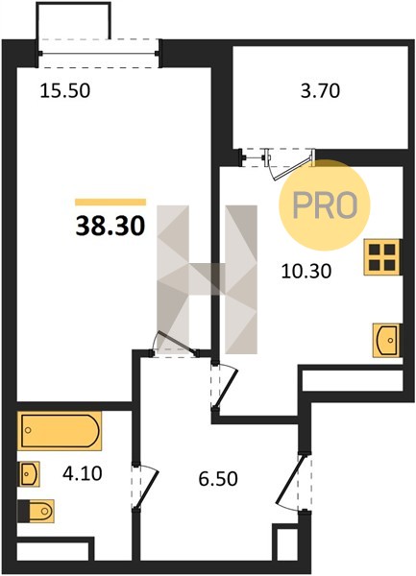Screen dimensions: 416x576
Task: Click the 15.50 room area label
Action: [x=64, y=91]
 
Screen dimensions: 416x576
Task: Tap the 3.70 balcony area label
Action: [x=320, y=91]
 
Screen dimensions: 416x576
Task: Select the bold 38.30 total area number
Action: [x=110, y=226]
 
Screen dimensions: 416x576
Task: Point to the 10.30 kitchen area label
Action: [x=306, y=272]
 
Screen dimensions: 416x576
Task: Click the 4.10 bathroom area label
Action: [x=82, y=473]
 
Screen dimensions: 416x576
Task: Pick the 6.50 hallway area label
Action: [x=218, y=479]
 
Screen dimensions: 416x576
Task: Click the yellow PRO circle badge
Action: [x=325, y=205]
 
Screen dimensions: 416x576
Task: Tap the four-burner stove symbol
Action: [x=381, y=257]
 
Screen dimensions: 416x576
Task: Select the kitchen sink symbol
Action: [x=385, y=340]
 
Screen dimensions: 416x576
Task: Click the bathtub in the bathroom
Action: [x=60, y=431]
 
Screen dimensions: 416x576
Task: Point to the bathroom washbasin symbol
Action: [x=29, y=474]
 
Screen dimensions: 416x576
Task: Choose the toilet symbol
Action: [x=36, y=511]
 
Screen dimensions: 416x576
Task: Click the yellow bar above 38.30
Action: [x=110, y=202]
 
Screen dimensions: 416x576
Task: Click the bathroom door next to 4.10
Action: [x=146, y=488]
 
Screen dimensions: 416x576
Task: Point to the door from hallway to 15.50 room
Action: [x=175, y=345]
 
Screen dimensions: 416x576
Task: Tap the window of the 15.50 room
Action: [x=99, y=54]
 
